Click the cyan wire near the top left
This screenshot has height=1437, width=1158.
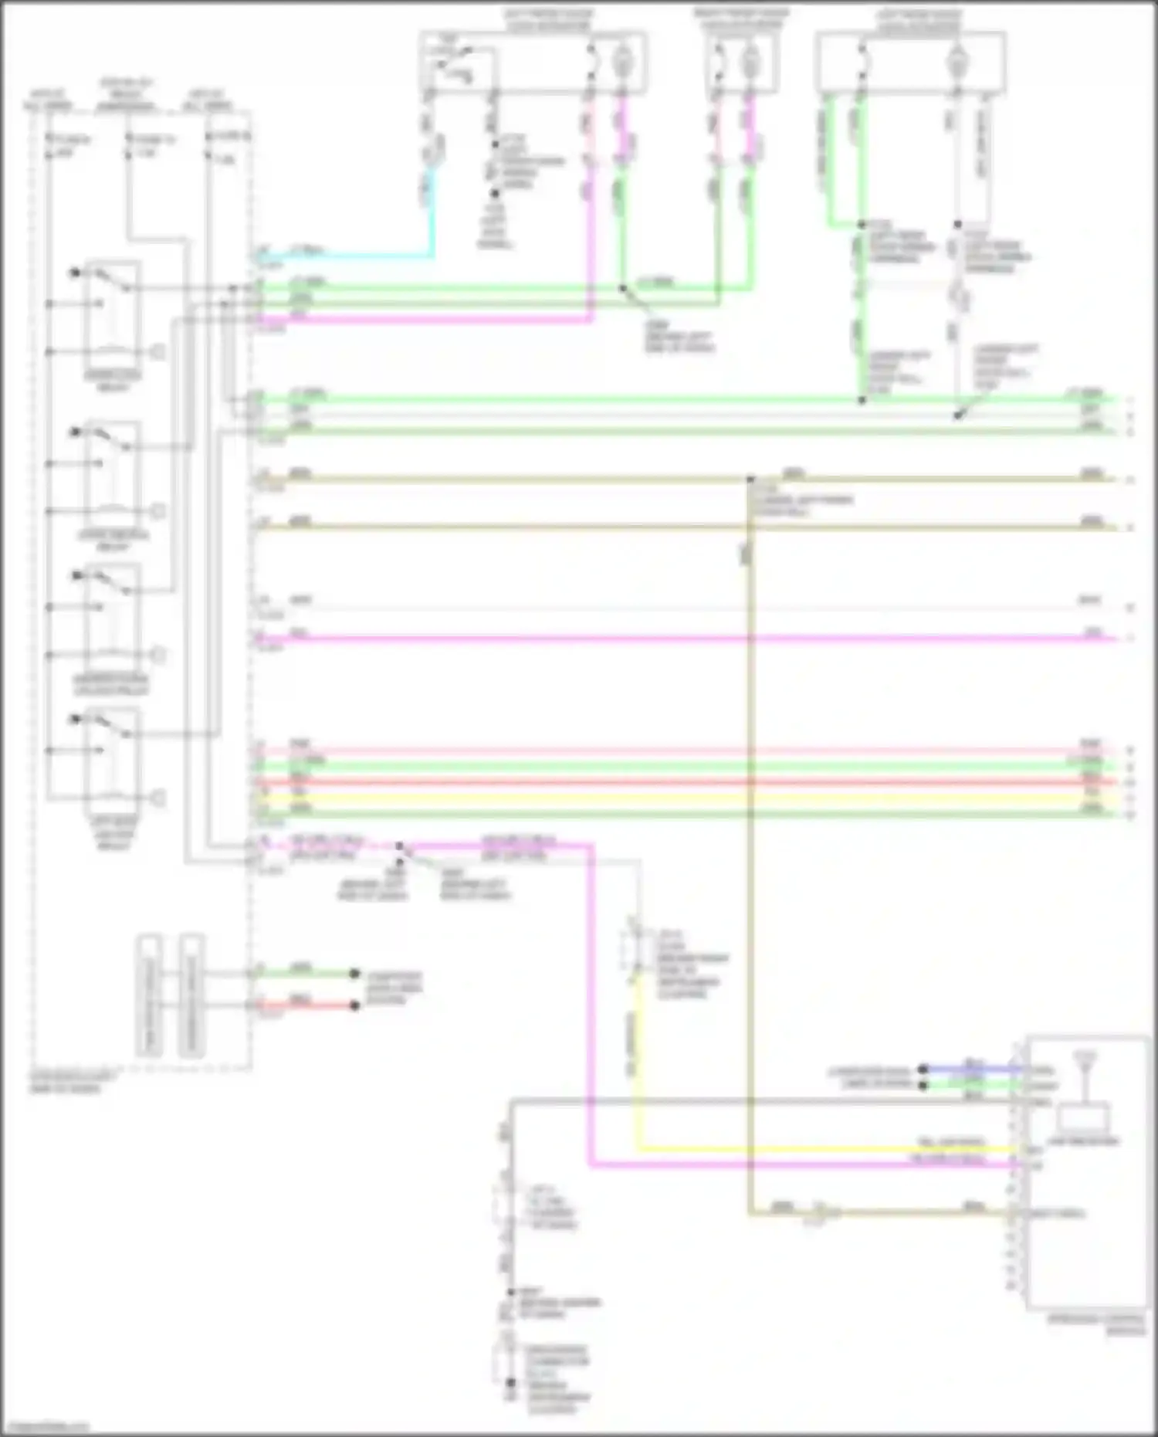pos(347,254)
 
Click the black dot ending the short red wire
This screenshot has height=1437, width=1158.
pos(354,1005)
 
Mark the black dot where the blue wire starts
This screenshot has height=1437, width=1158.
pos(923,1069)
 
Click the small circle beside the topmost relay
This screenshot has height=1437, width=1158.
pos(157,352)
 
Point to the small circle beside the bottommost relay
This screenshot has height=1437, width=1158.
pos(157,798)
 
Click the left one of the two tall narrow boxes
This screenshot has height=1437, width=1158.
pos(150,996)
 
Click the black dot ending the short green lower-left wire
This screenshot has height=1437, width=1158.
pos(354,974)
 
